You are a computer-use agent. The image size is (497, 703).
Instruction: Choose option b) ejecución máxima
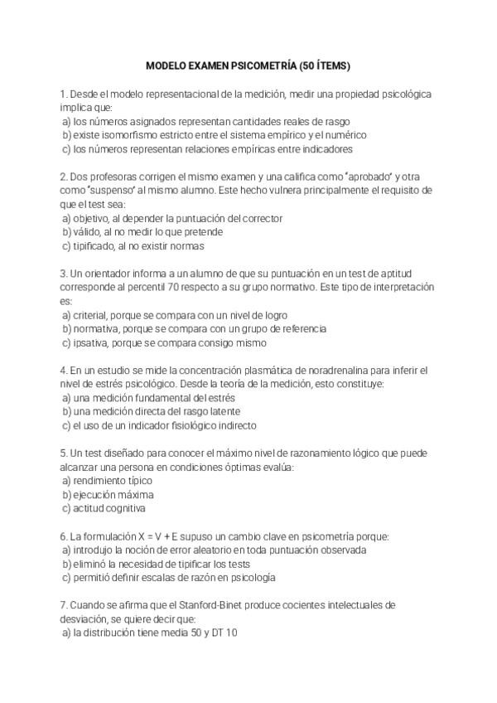[107, 494]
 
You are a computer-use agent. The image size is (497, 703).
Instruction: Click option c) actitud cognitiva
[104, 508]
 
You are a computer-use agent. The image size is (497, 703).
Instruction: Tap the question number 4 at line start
[63, 370]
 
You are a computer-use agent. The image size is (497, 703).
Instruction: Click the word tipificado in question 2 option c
[93, 245]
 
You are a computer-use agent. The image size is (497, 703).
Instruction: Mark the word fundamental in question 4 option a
[146, 398]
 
